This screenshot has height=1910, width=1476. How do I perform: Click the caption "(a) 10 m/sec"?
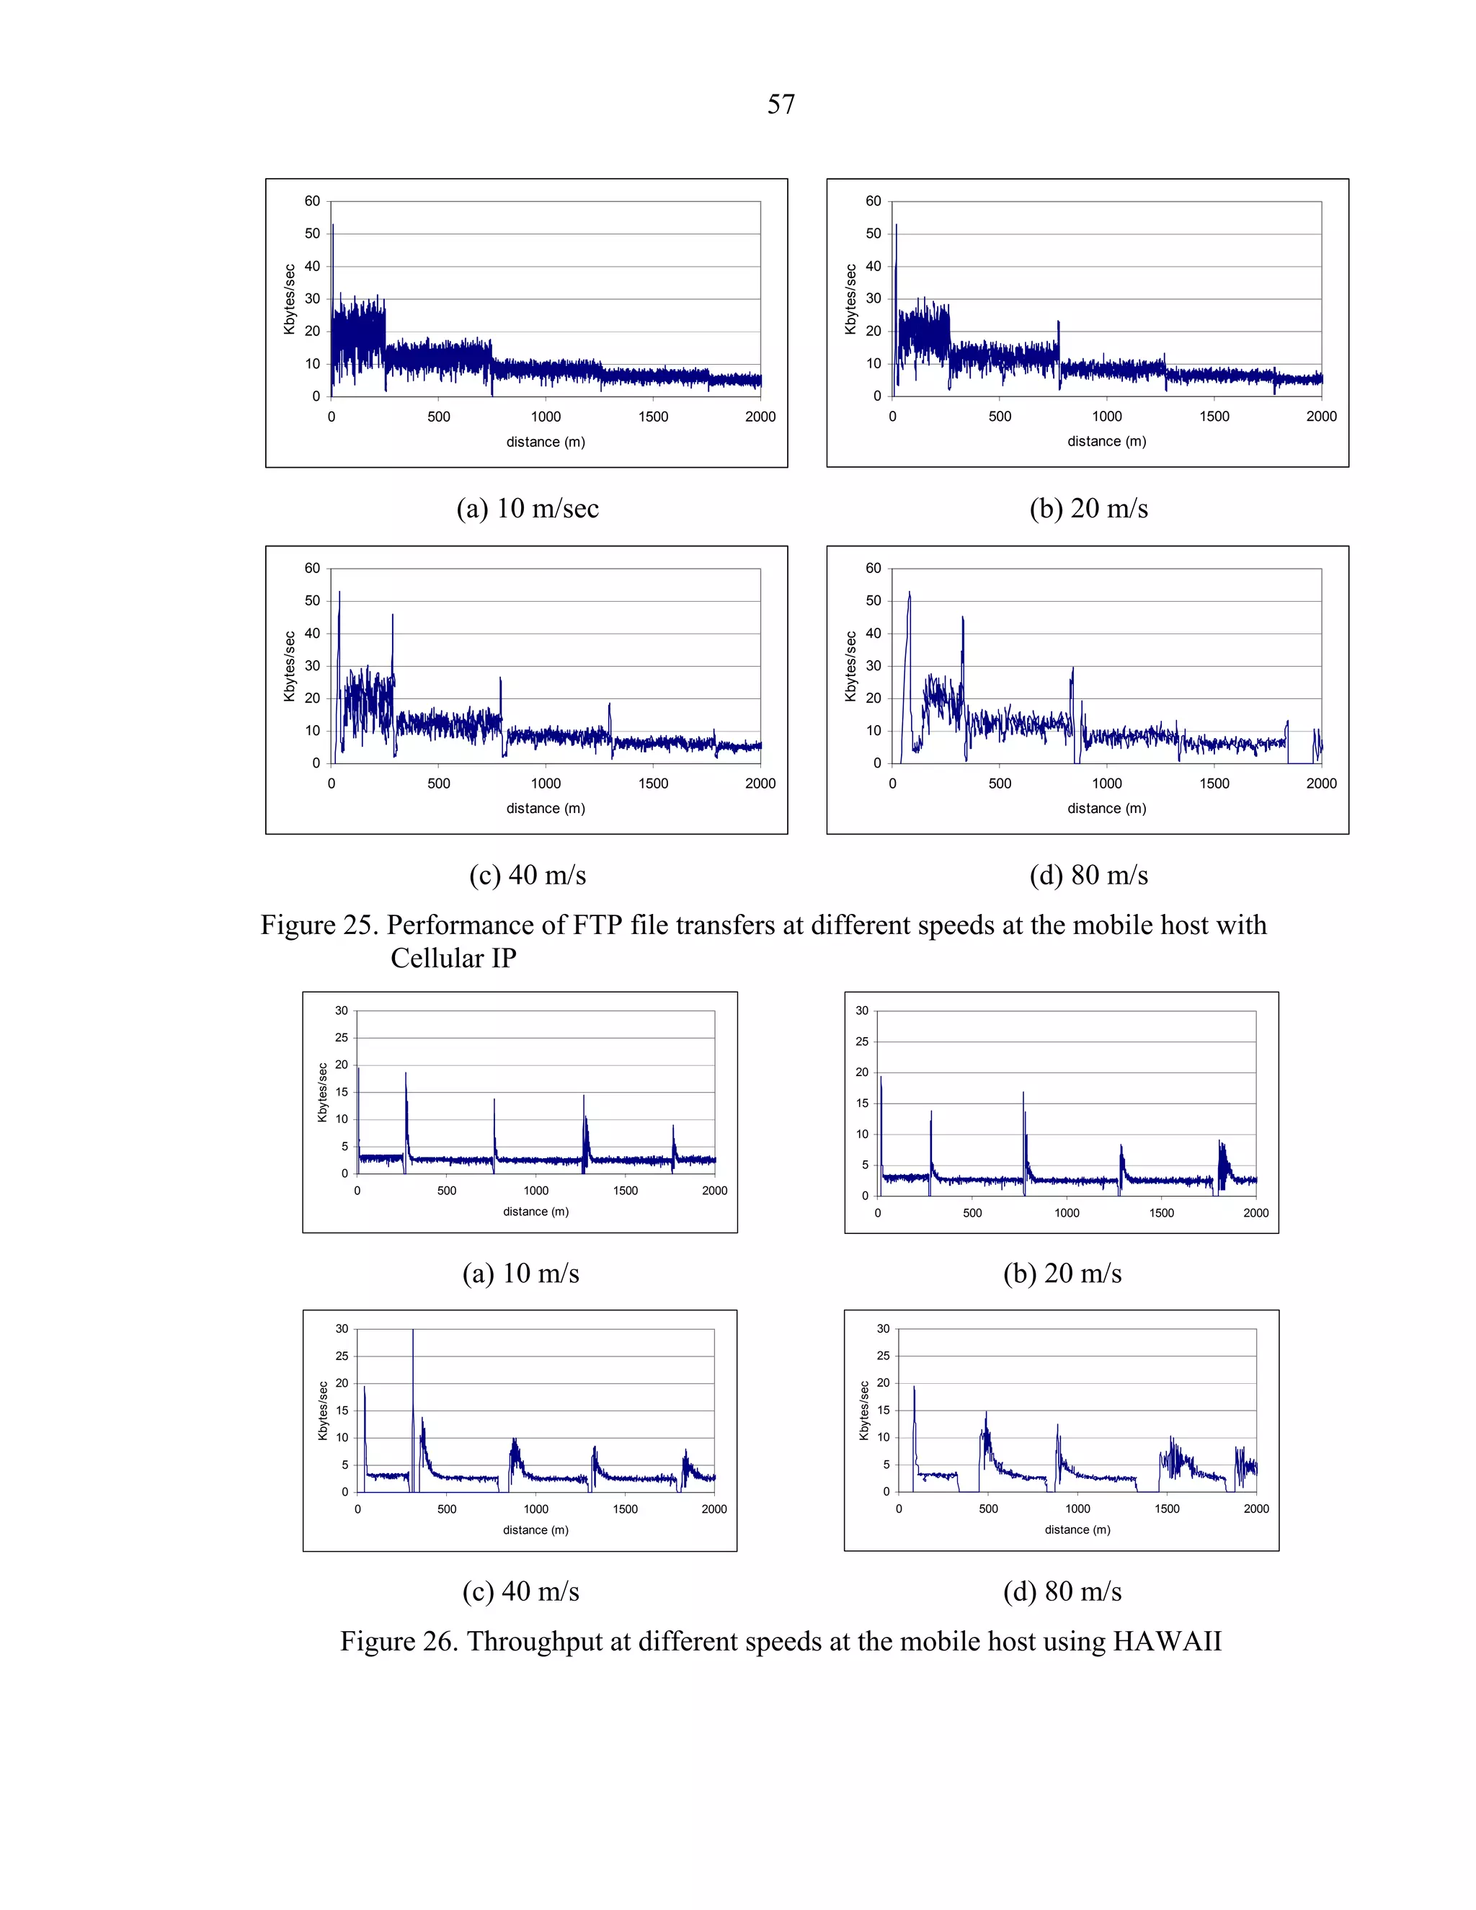(528, 508)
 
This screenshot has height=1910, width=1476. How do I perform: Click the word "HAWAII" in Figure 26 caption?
(1167, 1641)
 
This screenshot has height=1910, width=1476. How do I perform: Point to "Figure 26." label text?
(398, 1641)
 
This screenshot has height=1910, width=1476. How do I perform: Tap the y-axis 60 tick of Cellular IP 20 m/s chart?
(873, 201)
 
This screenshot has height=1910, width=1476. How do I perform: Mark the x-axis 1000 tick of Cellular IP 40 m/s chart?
(546, 783)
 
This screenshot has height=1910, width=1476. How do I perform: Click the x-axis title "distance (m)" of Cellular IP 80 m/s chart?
(1106, 808)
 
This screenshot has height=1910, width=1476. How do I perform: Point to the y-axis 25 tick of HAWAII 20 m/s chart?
(862, 1041)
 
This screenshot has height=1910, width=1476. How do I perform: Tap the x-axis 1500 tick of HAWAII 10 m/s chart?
(625, 1190)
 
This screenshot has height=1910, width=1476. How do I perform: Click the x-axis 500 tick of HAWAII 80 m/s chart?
(988, 1509)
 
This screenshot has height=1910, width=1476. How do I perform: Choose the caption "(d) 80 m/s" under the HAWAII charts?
(1062, 1591)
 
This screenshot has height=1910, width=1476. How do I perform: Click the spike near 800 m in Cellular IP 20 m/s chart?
(1058, 324)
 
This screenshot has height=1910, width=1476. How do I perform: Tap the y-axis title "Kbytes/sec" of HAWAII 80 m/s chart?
(864, 1411)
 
